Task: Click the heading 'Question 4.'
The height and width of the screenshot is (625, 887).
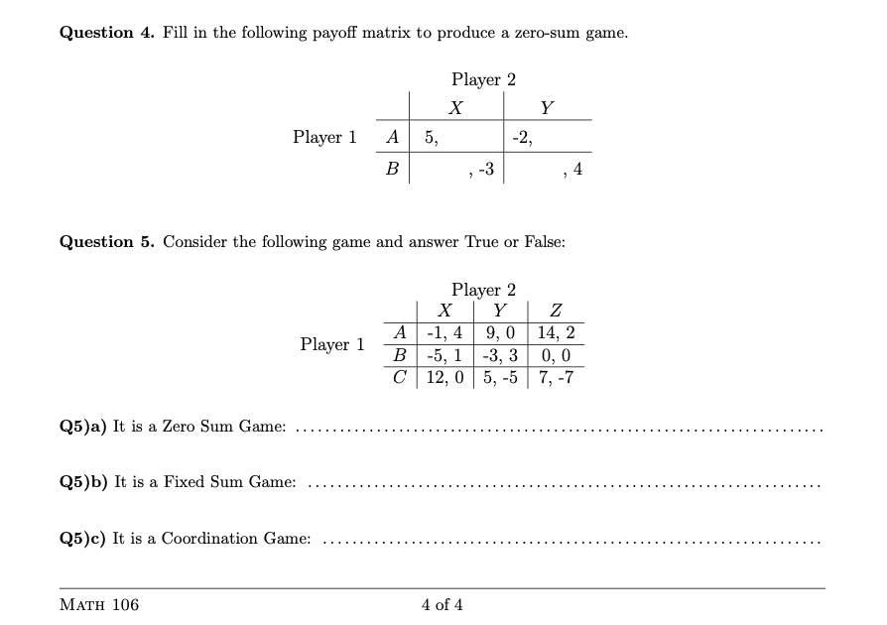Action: click(x=103, y=33)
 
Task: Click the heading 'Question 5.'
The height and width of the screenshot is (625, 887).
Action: click(x=103, y=242)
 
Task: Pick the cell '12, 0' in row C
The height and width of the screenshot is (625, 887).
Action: click(x=445, y=377)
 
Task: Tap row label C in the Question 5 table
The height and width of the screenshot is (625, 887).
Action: click(x=399, y=377)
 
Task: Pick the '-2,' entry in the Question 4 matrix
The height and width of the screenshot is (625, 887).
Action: click(x=523, y=138)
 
